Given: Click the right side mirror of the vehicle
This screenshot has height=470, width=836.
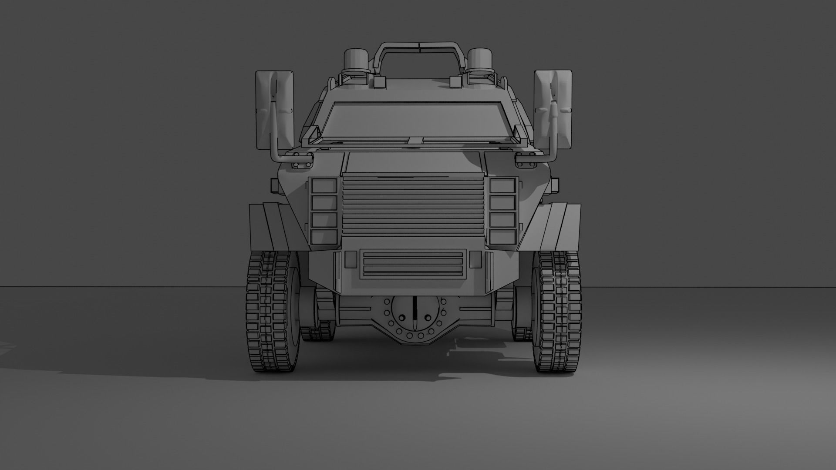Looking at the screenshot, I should click(553, 109).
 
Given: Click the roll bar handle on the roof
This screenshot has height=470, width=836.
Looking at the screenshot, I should click(417, 46).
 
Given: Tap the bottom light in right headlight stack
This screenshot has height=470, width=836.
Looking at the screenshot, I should click(502, 237).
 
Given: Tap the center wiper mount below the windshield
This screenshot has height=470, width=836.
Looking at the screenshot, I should click(415, 140).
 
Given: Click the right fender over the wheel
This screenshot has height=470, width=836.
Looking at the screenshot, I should click(562, 226).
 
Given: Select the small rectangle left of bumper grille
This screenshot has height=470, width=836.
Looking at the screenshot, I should click(351, 259).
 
